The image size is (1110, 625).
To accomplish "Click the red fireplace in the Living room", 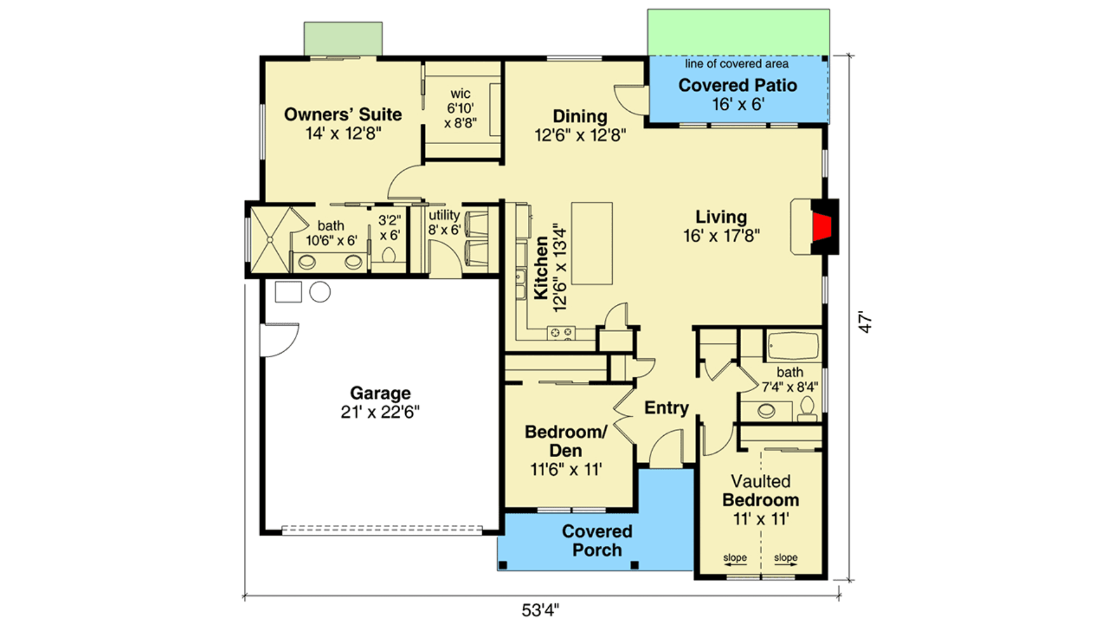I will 822,226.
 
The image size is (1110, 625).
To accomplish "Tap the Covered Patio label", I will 737,86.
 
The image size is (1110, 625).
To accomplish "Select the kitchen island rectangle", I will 591,243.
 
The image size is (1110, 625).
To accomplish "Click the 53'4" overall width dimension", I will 540,610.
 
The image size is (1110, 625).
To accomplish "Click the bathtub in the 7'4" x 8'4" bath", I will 793,346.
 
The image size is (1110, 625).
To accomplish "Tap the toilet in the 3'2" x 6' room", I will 388,255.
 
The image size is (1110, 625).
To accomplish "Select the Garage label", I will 380,393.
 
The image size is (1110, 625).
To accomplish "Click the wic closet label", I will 460,94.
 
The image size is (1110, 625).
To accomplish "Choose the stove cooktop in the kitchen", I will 561,332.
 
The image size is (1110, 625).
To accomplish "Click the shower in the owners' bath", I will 269,240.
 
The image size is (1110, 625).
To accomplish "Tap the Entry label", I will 666,408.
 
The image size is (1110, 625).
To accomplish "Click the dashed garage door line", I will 382,529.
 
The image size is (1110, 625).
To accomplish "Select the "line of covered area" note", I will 737,64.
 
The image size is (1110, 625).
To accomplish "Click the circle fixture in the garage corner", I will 320,292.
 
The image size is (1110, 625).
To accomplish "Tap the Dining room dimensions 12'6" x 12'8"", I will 580,135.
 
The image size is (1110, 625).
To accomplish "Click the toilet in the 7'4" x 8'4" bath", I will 807,409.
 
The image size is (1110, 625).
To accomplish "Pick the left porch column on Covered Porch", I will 503,565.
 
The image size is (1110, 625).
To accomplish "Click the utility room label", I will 444,215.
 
